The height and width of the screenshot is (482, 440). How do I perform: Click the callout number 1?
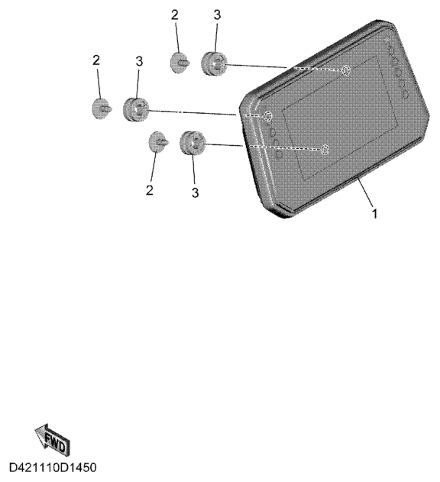[374, 214]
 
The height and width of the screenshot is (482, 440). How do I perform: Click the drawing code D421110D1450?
[53, 467]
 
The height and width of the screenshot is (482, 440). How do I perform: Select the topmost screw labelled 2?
[180, 63]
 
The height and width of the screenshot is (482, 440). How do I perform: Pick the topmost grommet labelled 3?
[214, 63]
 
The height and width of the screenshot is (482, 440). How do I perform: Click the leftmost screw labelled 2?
[102, 108]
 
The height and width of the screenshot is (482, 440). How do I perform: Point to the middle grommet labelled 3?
[136, 108]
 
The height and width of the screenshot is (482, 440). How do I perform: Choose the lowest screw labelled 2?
[158, 141]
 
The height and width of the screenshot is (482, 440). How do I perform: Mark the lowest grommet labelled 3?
[192, 143]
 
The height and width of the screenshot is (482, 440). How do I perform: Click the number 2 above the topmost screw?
[175, 15]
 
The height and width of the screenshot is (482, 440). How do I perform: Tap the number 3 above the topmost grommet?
[217, 15]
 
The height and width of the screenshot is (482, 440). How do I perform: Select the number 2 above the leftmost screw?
[96, 60]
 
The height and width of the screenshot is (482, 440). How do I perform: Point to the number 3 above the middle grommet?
[139, 61]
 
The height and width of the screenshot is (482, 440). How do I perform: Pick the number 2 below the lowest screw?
[150, 190]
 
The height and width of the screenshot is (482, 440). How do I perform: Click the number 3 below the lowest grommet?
[196, 192]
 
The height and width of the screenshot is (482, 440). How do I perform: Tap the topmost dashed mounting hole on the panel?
[345, 70]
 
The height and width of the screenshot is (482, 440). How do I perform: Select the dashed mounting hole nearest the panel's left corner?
[267, 117]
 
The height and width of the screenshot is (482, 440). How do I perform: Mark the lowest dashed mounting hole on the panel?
[325, 150]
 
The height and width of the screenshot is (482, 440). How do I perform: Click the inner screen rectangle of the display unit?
[340, 118]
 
